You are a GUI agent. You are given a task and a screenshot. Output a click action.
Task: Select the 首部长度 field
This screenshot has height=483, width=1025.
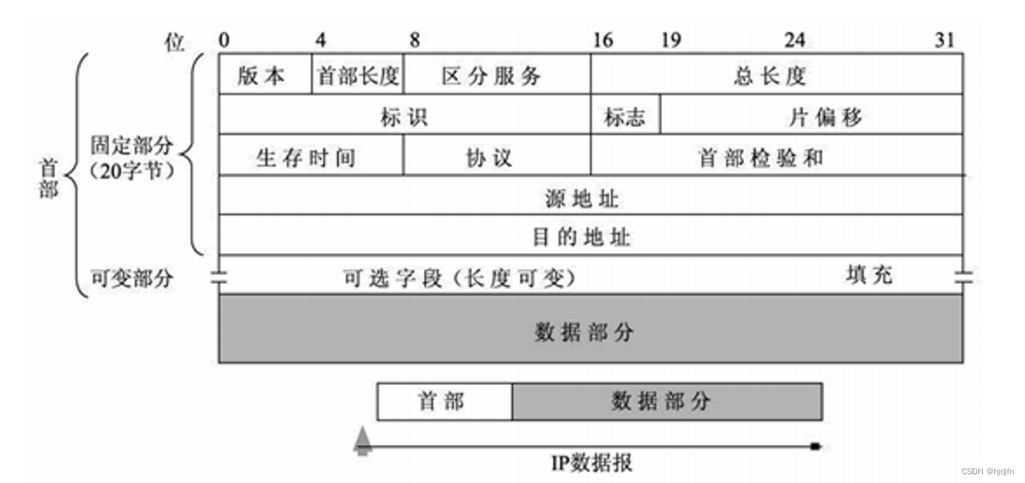click(x=358, y=76)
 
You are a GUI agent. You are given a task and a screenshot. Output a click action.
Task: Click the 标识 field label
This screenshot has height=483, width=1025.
click(x=404, y=116)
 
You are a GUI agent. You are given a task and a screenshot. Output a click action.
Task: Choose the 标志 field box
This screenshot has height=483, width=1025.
click(x=625, y=116)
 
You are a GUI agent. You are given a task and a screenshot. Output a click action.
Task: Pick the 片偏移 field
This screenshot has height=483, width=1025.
click(x=826, y=116)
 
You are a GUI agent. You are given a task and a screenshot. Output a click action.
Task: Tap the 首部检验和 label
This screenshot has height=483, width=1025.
click(x=761, y=156)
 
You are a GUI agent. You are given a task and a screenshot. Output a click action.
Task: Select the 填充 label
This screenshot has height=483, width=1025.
click(x=869, y=275)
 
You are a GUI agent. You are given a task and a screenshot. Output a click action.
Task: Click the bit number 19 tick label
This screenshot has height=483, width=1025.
click(x=671, y=40)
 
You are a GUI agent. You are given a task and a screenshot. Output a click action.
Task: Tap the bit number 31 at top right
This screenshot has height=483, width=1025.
click(x=944, y=40)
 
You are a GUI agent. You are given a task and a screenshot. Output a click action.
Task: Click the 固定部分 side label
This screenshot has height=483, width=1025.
click(x=132, y=145)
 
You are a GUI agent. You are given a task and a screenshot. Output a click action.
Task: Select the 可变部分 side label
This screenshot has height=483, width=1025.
click(x=132, y=277)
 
